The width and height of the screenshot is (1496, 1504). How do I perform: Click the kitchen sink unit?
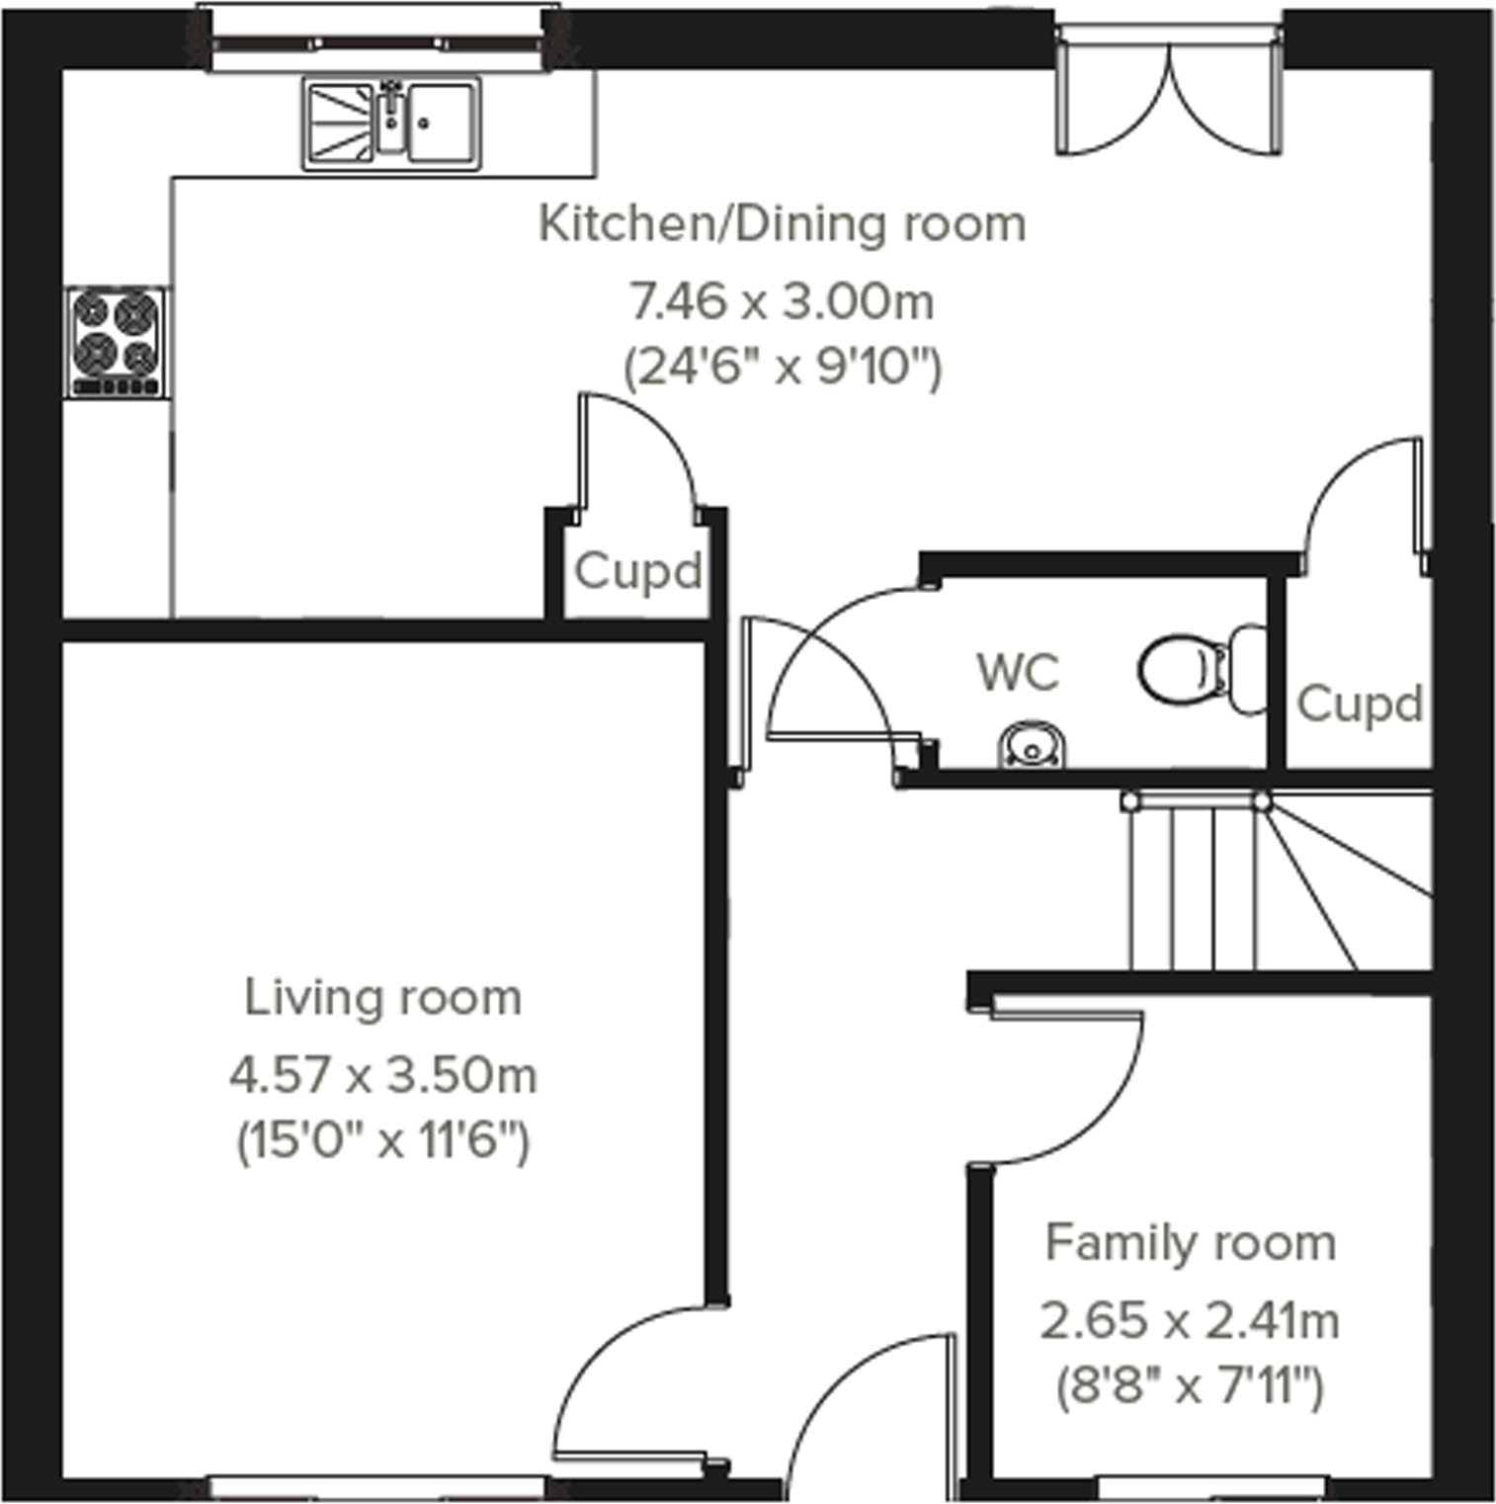click(x=391, y=124)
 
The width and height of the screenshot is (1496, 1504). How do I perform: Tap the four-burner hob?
click(x=117, y=342)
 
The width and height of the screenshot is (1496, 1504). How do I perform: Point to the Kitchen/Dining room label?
click(x=782, y=224)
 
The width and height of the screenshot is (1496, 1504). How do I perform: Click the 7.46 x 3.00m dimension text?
click(x=782, y=301)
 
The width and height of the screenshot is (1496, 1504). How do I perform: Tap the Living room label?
click(x=382, y=997)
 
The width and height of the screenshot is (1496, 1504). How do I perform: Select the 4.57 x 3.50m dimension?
click(x=382, y=1075)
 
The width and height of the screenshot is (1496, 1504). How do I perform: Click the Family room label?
click(x=1190, y=1242)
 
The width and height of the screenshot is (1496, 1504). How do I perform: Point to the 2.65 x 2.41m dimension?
click(x=1190, y=1320)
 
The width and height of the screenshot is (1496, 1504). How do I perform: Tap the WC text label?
click(x=1018, y=673)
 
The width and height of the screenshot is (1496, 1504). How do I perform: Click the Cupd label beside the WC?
click(x=1360, y=705)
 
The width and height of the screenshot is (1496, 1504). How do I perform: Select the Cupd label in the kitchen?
click(x=637, y=571)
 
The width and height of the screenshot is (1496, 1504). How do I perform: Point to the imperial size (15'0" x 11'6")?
click(x=382, y=1142)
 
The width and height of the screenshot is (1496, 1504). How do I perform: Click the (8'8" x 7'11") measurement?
click(x=1190, y=1386)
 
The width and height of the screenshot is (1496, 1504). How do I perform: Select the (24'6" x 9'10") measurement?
click(x=782, y=369)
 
